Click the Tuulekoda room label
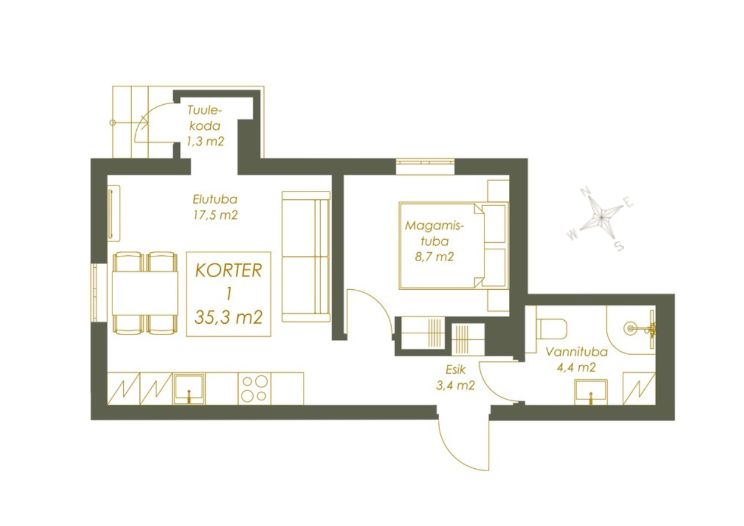pos(205,126)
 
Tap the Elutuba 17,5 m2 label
pos(215,207)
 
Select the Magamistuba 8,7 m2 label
pos(434,241)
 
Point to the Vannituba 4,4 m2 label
pos(576,359)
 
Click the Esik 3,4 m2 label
pos(455,378)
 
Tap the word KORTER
pos(229,270)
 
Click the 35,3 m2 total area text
pos(229,317)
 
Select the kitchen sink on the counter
pos(189,389)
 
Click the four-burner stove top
pos(254,389)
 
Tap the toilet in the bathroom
pos(551,328)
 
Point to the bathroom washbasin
pos(591,392)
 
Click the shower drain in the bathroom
pos(629,328)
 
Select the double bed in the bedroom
pos(454,245)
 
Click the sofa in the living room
pos(306,256)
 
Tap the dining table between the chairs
pos(145,293)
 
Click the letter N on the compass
pos(585,192)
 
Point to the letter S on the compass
pos(619,246)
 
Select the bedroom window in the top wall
pos(425,166)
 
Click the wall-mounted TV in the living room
pos(113,212)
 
